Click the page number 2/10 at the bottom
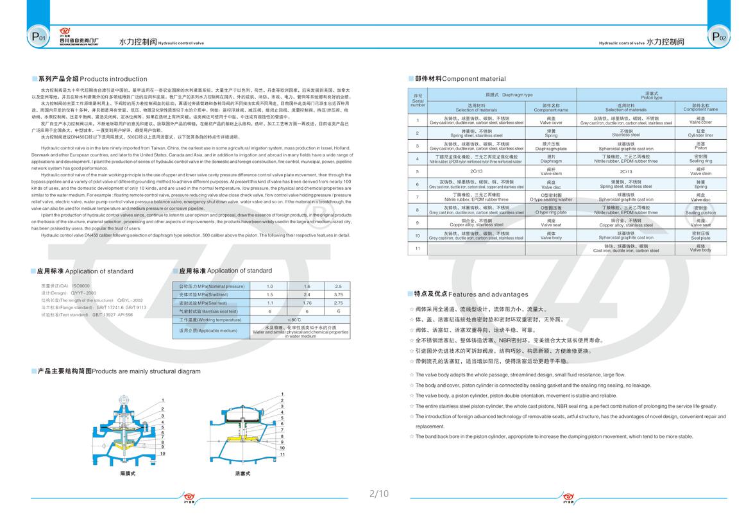[x=379, y=493]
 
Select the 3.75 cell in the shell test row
[x=339, y=294]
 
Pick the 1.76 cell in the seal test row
[x=307, y=303]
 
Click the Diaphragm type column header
[x=499, y=94]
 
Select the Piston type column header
[x=652, y=96]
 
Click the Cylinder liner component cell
[x=700, y=133]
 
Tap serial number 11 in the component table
[x=417, y=248]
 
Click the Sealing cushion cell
[x=700, y=210]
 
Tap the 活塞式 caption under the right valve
[x=242, y=473]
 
